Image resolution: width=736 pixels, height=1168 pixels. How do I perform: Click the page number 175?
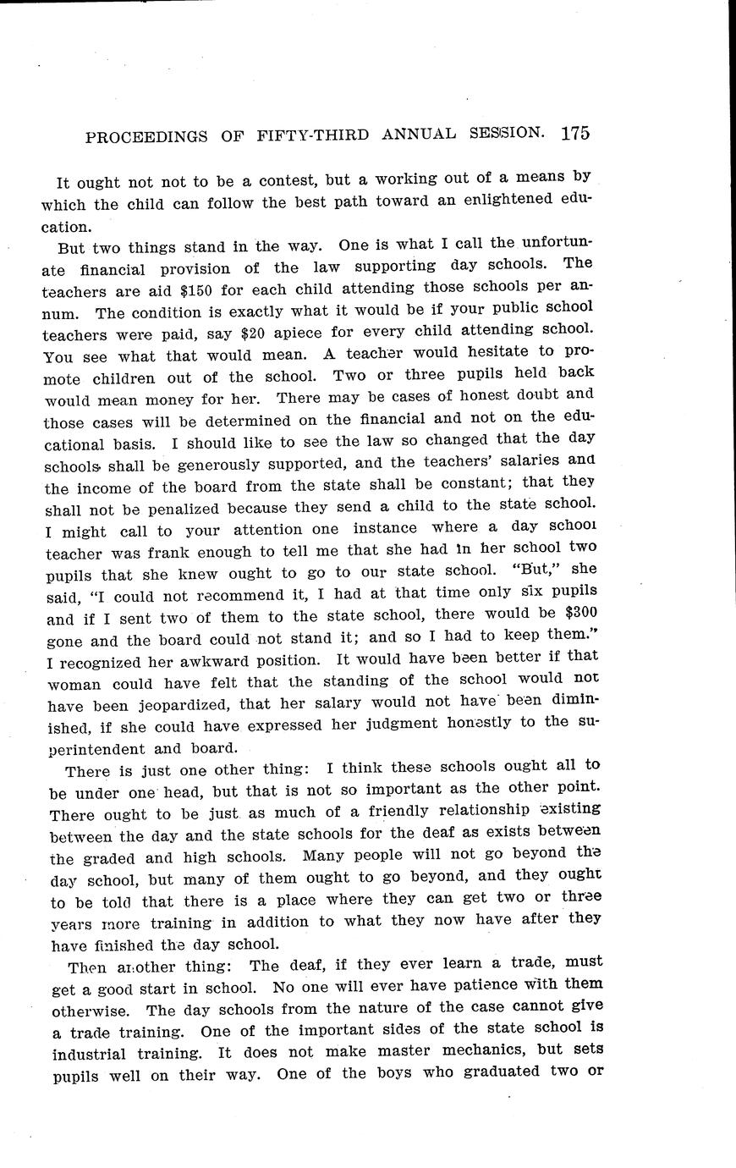tap(574, 133)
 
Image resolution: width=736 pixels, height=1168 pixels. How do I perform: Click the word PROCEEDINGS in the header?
tap(141, 137)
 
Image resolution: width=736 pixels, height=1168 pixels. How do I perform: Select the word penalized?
tap(176, 508)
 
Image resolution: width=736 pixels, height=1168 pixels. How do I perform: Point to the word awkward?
tap(240, 658)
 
